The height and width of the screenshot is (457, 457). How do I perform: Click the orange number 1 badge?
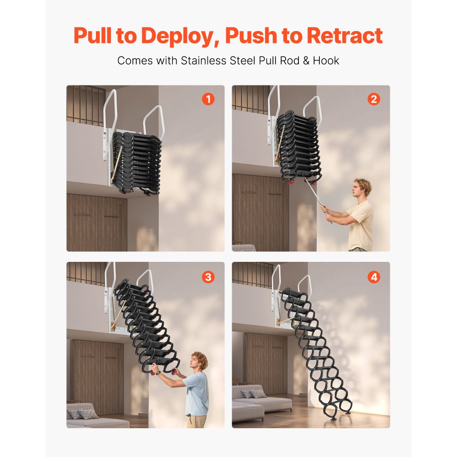click(208, 99)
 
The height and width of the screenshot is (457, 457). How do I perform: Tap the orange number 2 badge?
click(374, 99)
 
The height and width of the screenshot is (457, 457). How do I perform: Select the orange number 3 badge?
click(208, 276)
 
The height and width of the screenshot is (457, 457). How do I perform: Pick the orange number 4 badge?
click(374, 276)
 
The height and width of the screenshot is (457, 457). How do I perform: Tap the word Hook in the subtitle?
click(326, 60)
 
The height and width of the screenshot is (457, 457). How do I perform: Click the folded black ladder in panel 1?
click(136, 162)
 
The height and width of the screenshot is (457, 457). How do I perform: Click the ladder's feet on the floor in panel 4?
click(340, 414)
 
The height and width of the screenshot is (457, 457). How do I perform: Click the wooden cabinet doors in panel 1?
click(97, 222)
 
